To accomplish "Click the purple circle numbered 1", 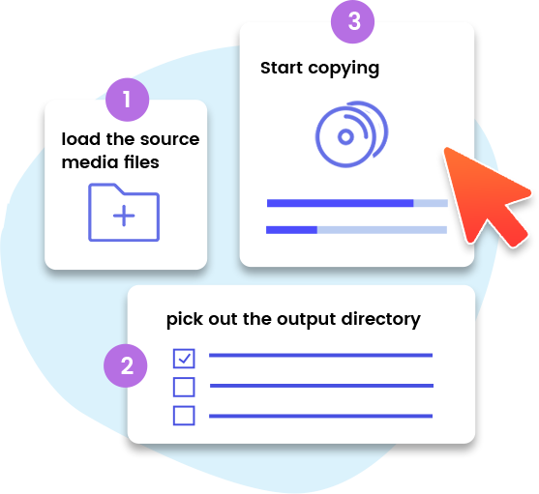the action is tap(127, 100).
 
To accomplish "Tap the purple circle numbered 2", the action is tap(126, 365).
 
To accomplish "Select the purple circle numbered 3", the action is tap(352, 21).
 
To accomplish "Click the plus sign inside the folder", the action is tap(124, 216).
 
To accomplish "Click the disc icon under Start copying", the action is tap(351, 134).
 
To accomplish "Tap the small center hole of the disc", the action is tap(345, 136).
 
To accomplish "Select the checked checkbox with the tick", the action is tap(184, 359).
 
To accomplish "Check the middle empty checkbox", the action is tap(184, 387).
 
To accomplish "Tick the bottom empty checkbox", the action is tap(184, 416).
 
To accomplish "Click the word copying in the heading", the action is tap(344, 69).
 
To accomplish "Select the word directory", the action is tap(381, 320).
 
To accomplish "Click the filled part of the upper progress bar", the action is tap(340, 203).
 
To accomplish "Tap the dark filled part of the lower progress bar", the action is tap(291, 230).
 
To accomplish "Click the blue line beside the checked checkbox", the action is tap(320, 356).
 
